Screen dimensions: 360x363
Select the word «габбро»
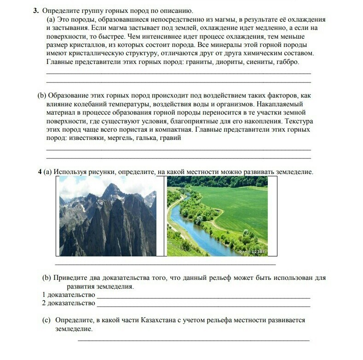288,62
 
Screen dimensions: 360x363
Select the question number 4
40,172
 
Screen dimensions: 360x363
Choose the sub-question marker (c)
46,320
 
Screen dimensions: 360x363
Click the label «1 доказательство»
69,295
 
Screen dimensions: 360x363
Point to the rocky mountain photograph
108,216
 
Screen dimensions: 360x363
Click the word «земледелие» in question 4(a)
293,172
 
